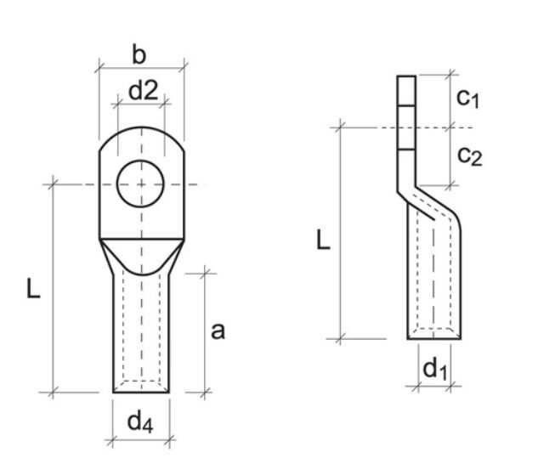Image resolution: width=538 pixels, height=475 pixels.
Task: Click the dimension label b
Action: [x=140, y=54]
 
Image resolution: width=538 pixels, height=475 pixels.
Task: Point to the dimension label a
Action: [x=218, y=331]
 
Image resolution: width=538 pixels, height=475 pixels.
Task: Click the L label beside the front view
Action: [x=32, y=289]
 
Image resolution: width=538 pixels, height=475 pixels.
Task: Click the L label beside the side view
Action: [x=324, y=240]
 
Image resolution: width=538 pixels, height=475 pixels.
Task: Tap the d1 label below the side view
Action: [x=434, y=369]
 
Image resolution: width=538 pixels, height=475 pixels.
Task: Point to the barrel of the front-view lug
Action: [x=142, y=331]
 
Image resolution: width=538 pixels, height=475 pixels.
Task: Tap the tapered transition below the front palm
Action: [x=142, y=253]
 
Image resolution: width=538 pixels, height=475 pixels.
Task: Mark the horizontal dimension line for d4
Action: [x=142, y=440]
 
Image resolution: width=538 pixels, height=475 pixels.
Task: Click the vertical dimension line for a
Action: [x=205, y=331]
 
